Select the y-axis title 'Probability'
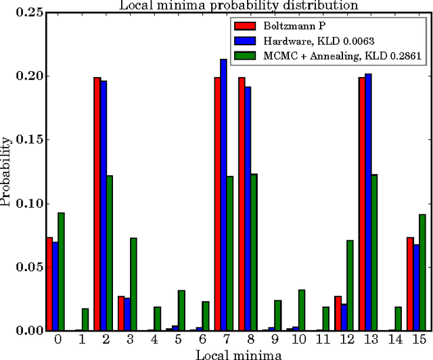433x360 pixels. click(x=6, y=171)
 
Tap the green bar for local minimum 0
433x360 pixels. click(x=61, y=271)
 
